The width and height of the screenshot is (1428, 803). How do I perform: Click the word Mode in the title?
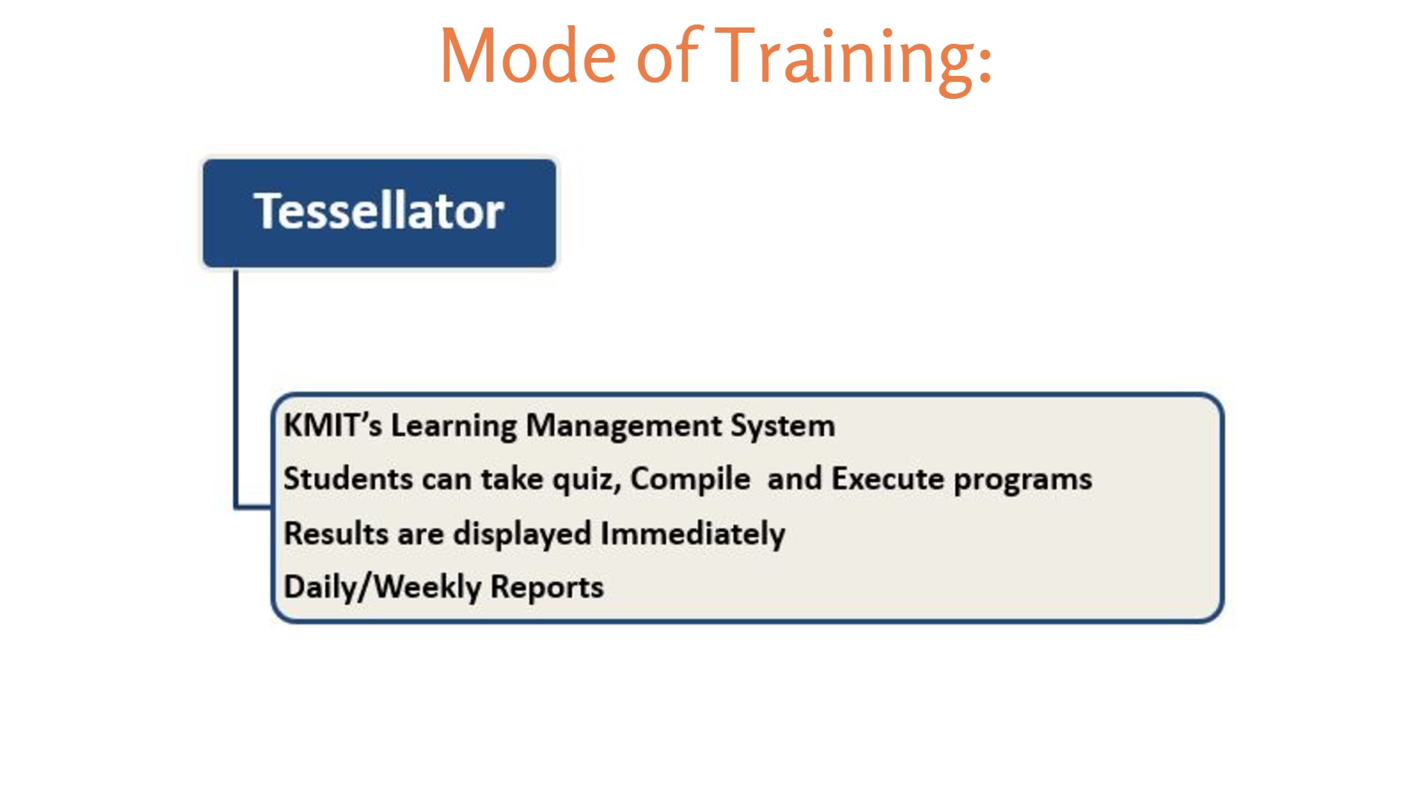(528, 56)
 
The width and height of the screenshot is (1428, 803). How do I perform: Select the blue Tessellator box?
(379, 213)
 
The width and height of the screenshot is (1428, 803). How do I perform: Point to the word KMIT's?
(332, 425)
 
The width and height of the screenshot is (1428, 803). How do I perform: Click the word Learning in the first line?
(454, 427)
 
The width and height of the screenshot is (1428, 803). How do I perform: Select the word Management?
(623, 427)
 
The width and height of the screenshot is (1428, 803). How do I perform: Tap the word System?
(782, 427)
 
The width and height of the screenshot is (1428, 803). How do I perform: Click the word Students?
(347, 479)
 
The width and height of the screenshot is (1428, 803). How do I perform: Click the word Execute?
(887, 479)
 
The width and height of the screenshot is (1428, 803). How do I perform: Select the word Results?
(335, 534)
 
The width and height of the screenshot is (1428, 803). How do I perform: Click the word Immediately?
(692, 535)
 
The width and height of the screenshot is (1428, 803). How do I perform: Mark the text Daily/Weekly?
(382, 588)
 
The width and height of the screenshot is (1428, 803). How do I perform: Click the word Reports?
(547, 588)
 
